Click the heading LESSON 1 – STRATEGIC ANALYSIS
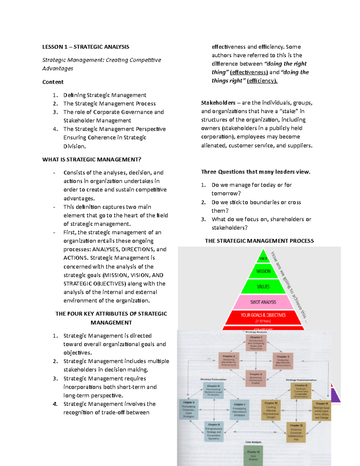[85, 47]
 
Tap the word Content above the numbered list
[53, 82]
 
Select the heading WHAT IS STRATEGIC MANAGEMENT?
[91, 159]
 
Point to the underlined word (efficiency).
[262, 81]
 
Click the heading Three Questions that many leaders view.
[256, 172]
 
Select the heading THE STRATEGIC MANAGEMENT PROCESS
[259, 241]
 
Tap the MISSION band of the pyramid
[263, 271]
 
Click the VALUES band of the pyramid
[263, 287]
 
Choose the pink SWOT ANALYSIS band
[263, 302]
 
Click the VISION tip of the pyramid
[263, 258]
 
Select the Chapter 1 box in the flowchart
[256, 343]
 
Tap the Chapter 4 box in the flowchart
[256, 378]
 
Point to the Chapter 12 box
[296, 432]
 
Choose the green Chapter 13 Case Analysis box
[253, 455]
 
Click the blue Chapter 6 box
[188, 409]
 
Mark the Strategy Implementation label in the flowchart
[301, 380]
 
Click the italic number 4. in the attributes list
[55, 404]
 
